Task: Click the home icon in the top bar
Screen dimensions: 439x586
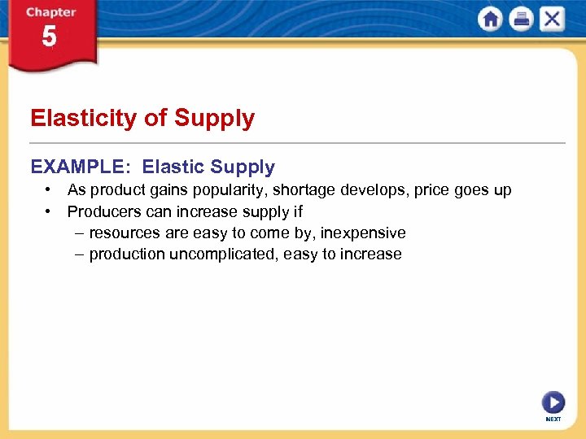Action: pos(490,19)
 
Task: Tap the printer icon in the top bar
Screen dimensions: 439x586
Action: pos(521,19)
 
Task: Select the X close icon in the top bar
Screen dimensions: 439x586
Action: pos(552,19)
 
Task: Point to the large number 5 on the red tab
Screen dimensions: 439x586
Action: pos(50,37)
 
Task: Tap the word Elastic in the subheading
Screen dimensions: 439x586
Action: pos(173,167)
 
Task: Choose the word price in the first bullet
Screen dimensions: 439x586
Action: pos(431,190)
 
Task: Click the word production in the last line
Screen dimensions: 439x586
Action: pos(127,254)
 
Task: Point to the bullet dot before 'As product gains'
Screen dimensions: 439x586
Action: pos(50,190)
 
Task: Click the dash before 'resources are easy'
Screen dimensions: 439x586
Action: pos(78,233)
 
